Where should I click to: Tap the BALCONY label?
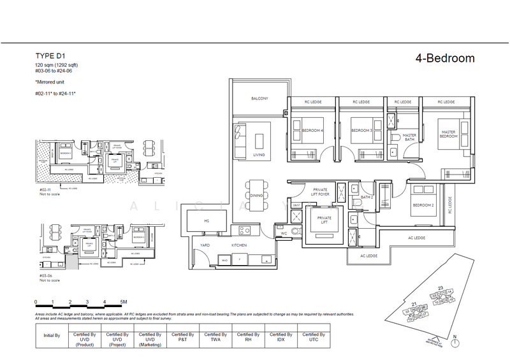tap(259, 99)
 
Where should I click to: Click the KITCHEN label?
tap(239, 245)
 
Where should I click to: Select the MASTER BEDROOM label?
tap(450, 134)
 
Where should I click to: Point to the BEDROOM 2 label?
tap(423, 205)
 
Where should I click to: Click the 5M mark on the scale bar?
tap(122, 302)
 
